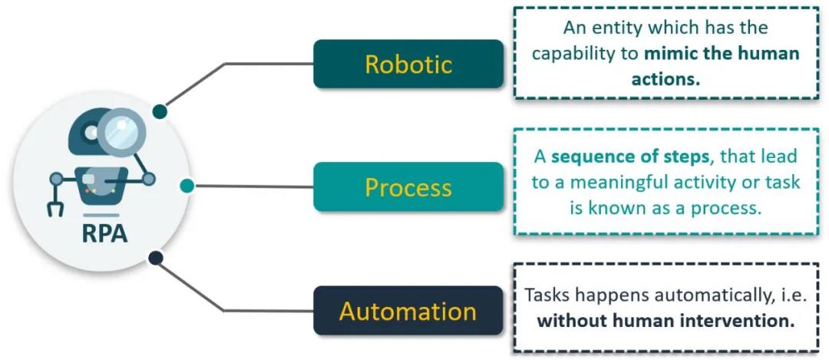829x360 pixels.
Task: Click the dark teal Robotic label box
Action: click(408, 64)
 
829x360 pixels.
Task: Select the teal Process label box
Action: click(408, 187)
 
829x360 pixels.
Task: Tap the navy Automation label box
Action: click(408, 311)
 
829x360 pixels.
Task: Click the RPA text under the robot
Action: click(104, 233)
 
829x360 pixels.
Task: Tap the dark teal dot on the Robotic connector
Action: click(160, 112)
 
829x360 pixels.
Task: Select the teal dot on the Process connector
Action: click(186, 185)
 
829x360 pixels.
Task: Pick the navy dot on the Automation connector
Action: click(156, 258)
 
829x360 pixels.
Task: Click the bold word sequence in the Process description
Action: click(586, 156)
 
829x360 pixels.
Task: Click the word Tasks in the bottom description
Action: click(548, 295)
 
